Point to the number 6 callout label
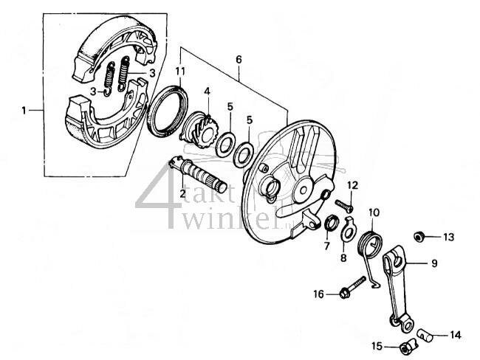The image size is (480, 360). click(239, 57)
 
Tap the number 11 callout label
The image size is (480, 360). click(180, 71)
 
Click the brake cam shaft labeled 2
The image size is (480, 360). click(198, 178)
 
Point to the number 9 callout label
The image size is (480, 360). click(434, 263)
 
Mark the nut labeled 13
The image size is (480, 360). click(417, 237)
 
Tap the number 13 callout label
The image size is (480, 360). click(449, 238)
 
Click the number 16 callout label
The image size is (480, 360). click(318, 294)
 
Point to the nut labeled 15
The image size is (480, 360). click(405, 346)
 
